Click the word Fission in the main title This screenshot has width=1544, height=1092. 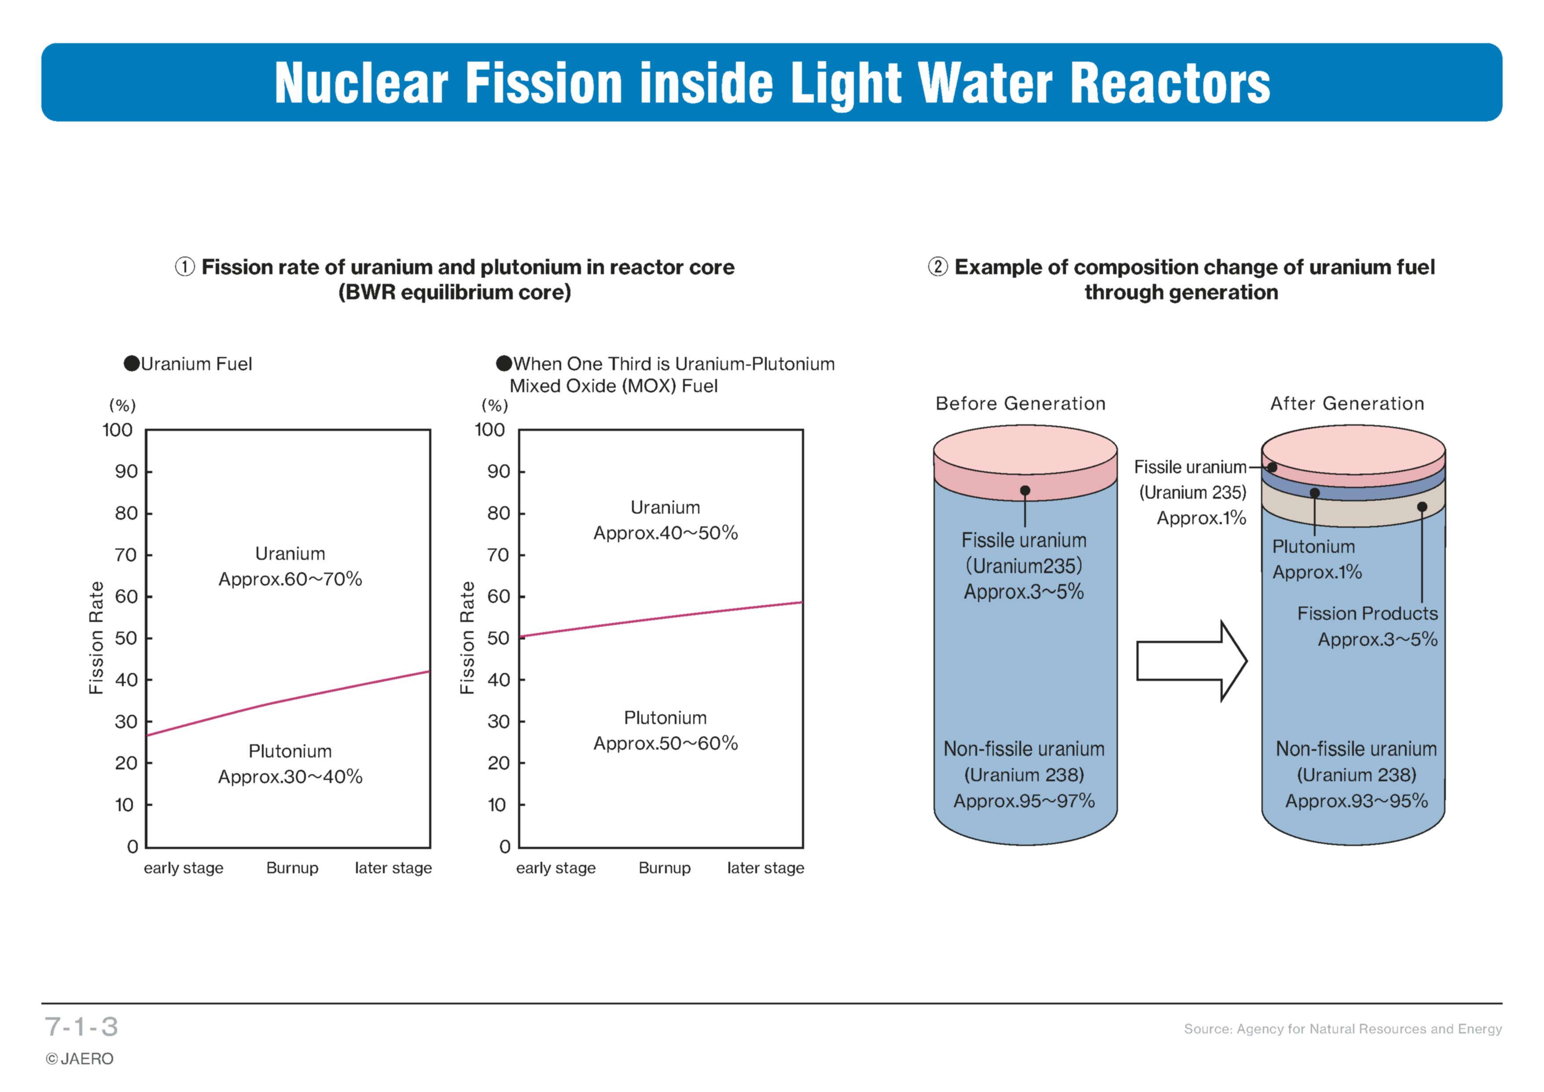(544, 83)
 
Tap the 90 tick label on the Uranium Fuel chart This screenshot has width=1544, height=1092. (126, 471)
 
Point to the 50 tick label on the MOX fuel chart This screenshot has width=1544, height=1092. (498, 638)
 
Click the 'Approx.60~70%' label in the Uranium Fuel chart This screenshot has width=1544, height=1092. (290, 579)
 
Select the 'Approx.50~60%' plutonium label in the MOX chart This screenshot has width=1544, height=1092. (666, 743)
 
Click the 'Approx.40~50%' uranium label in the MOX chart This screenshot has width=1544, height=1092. (666, 533)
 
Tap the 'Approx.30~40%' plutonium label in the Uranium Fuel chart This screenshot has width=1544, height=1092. (290, 777)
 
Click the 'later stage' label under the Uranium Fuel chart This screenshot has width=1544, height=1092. (393, 868)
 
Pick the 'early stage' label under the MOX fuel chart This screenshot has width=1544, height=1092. (556, 868)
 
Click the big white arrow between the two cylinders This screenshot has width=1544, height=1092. (1191, 661)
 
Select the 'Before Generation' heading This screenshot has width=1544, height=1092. (1021, 404)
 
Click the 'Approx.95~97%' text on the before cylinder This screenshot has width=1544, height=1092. (1024, 801)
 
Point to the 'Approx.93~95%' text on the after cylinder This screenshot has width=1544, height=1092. (1357, 801)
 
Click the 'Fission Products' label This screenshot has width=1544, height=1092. (1368, 613)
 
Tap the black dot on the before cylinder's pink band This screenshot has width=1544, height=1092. (1025, 491)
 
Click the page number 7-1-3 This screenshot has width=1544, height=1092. (81, 1027)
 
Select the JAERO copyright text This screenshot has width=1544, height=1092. (79, 1059)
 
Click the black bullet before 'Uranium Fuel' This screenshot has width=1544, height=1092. (132, 364)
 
